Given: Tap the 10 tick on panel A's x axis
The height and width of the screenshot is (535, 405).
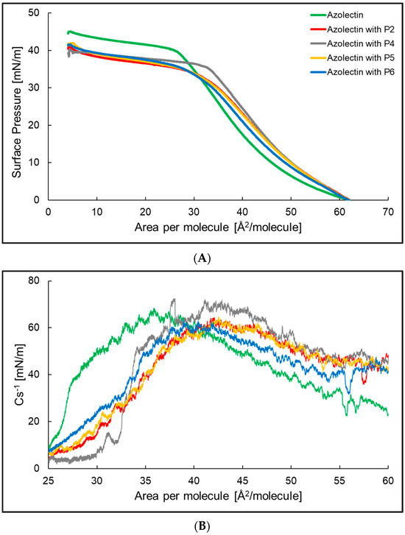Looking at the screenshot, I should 96,210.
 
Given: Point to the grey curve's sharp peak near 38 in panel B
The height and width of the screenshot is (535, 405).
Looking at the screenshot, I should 174,300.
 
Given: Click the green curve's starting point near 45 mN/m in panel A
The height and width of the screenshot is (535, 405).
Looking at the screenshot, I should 68,32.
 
